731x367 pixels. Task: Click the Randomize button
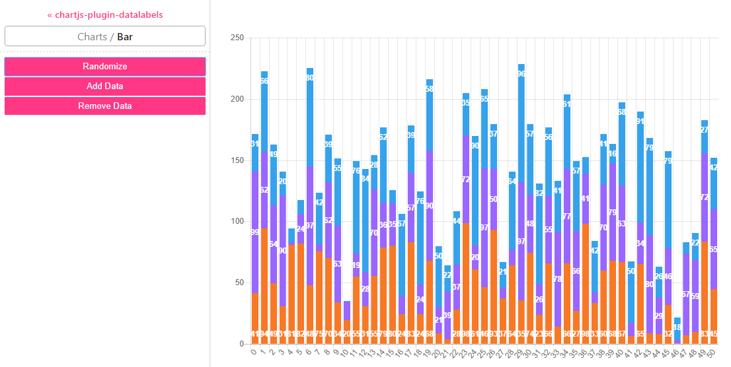point(105,66)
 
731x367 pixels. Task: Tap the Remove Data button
point(105,106)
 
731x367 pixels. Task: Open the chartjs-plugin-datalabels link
point(105,15)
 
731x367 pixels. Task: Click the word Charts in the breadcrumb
point(92,36)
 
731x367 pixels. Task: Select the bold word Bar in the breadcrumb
point(125,36)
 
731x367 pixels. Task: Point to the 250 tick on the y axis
point(237,38)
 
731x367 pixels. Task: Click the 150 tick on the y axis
point(237,160)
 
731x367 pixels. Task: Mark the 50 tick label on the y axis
point(239,283)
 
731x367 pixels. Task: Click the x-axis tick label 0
point(254,352)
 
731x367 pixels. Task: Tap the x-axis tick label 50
point(712,354)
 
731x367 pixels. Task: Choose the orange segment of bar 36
point(586,284)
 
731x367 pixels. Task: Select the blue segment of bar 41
point(631,297)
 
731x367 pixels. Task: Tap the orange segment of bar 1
point(264,284)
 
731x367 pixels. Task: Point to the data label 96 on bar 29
point(521,74)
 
